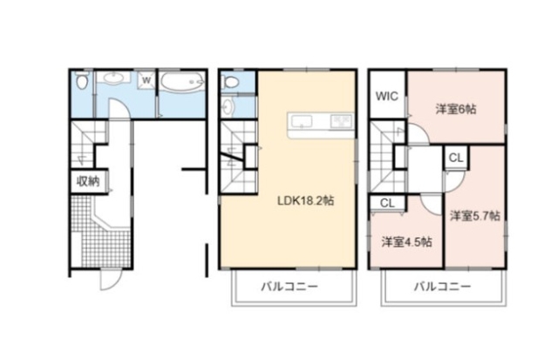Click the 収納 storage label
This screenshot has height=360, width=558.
point(87,182)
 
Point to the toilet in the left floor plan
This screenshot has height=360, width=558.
point(80,84)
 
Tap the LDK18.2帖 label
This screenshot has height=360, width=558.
point(306,200)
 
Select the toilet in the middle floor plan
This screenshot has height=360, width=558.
point(232,82)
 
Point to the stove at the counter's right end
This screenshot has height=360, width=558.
point(340,120)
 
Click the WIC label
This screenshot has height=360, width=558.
point(388,97)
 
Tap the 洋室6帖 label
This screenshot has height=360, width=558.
point(456,109)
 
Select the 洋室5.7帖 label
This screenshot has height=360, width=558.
point(474,214)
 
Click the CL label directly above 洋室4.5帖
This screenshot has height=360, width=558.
point(387,203)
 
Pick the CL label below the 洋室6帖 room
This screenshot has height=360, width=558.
point(456,158)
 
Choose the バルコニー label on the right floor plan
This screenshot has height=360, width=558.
point(442,286)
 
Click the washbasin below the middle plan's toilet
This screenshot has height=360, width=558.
point(228,107)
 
